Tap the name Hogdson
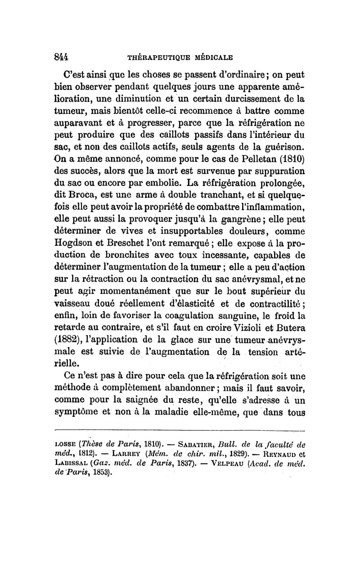coord(74,244)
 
